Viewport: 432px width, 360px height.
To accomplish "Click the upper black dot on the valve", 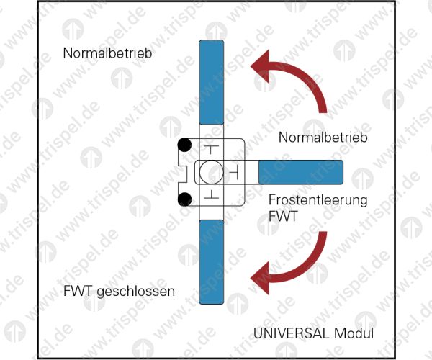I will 185,145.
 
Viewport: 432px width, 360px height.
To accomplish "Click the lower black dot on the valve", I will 185,199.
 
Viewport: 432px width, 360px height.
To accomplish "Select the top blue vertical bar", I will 211,83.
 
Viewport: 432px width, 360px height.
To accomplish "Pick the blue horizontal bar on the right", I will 300,172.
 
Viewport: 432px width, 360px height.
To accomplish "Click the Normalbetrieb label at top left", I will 107,53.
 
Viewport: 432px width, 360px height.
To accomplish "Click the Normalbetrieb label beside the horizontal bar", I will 323,137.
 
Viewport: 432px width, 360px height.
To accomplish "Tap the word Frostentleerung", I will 318,199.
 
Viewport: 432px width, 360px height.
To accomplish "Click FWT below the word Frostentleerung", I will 282,215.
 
